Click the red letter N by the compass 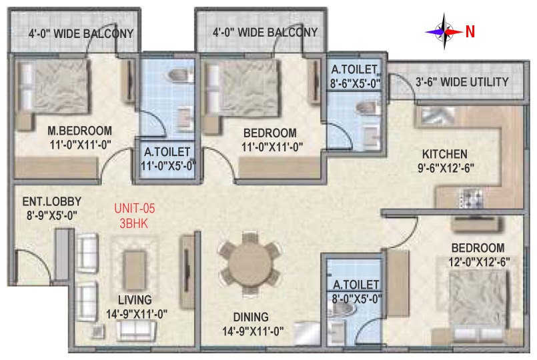click(x=470, y=32)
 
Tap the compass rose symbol click(x=444, y=31)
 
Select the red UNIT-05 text click(x=135, y=208)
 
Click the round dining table click(x=249, y=263)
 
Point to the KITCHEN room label click(x=444, y=154)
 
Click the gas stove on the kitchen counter click(x=471, y=198)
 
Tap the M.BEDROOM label click(x=80, y=131)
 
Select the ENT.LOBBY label click(x=52, y=201)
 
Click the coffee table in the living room click(x=135, y=266)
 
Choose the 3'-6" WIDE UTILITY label click(x=462, y=82)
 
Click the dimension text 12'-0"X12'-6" click(x=479, y=262)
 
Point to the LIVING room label click(x=135, y=300)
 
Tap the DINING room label click(x=251, y=317)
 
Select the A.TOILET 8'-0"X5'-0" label click(x=356, y=292)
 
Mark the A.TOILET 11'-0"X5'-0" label click(x=168, y=159)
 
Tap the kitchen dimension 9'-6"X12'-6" click(x=446, y=169)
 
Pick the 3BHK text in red click(x=134, y=223)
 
